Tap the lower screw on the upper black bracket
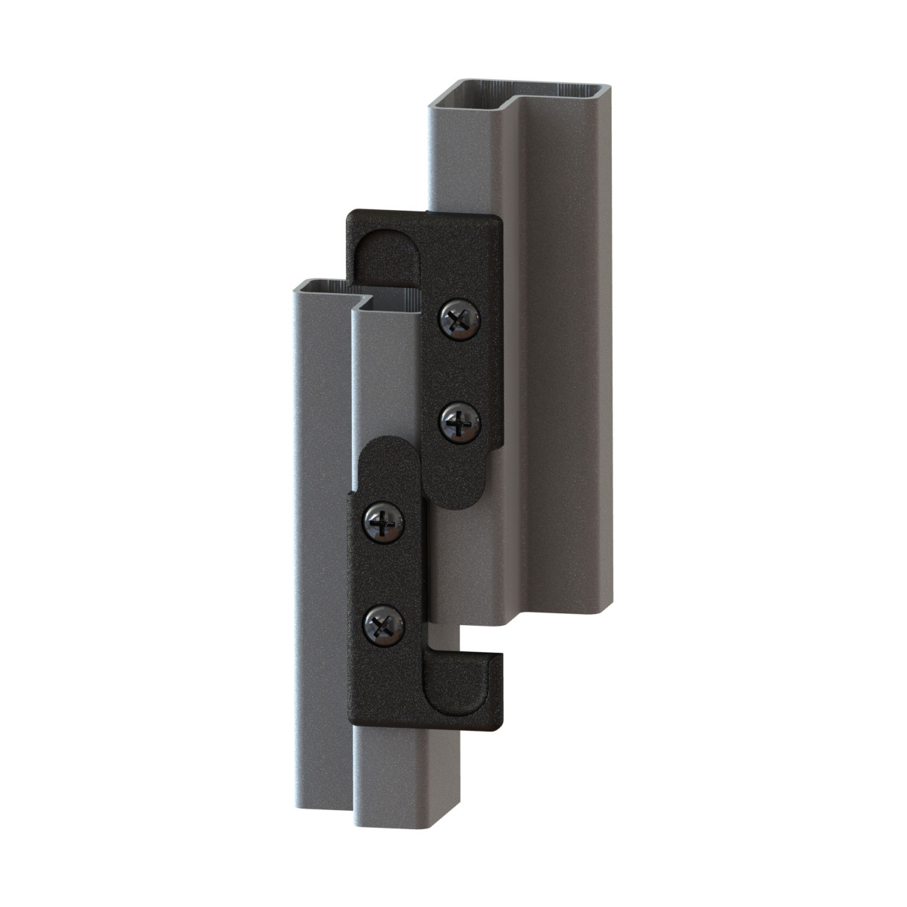point(459,422)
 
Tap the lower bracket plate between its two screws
point(384,573)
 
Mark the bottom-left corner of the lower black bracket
point(355,721)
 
